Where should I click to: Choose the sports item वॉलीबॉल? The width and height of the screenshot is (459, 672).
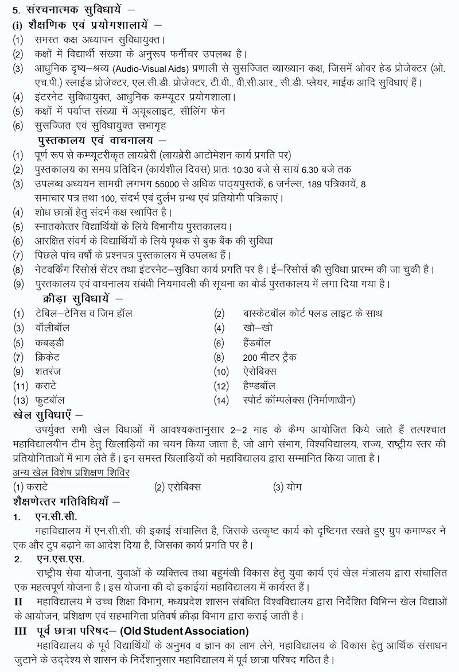pos(51,328)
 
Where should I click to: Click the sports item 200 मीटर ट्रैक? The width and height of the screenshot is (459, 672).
pos(270,357)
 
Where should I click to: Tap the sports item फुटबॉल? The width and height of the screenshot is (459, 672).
pos(49,399)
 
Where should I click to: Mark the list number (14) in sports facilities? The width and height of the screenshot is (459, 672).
pos(221,399)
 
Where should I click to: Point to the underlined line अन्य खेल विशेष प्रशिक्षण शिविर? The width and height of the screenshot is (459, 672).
pos(71,472)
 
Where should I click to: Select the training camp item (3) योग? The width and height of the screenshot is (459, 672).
pos(288,486)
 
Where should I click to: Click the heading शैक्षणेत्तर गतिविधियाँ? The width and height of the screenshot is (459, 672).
pos(62,501)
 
